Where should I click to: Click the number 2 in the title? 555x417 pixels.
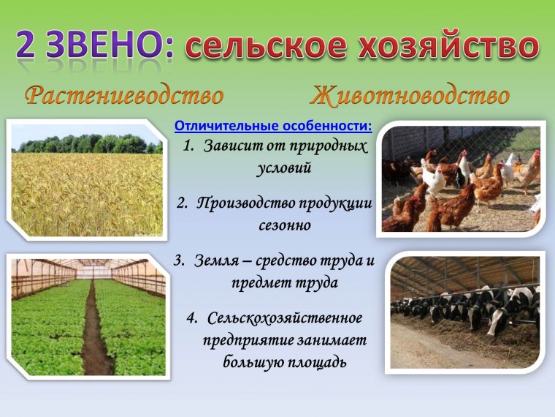coord(30,47)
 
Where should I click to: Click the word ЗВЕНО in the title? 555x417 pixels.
coord(106,47)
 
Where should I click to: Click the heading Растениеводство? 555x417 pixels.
coord(124,96)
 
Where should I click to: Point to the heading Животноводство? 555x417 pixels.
coord(410,96)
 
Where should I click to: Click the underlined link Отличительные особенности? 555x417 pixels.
coord(273,126)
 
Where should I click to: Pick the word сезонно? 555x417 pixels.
coord(285,225)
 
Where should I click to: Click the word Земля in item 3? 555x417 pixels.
coord(217,260)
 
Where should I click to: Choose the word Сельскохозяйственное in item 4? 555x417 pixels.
coord(286,319)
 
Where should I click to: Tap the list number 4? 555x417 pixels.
coord(192,319)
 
